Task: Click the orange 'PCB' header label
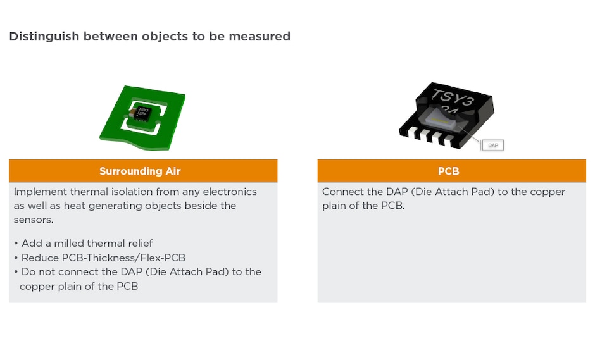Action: (x=448, y=171)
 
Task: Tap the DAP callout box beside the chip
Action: (x=492, y=145)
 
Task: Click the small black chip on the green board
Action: (x=142, y=113)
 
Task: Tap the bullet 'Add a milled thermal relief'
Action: (x=87, y=244)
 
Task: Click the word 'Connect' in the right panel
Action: (x=343, y=192)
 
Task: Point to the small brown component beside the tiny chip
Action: (x=132, y=115)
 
